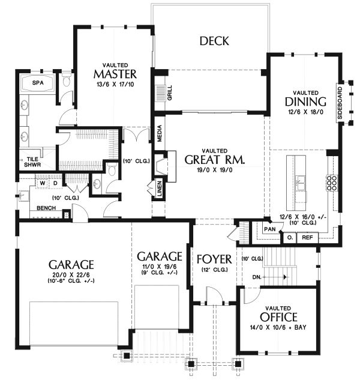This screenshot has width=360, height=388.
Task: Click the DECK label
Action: pyautogui.click(x=214, y=41)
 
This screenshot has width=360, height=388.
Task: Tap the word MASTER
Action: pyautogui.click(x=115, y=74)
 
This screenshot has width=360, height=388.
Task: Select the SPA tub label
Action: pyautogui.click(x=38, y=83)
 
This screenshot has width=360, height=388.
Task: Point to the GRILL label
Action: pyautogui.click(x=170, y=92)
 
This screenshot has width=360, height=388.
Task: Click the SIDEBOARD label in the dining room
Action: pyautogui.click(x=340, y=103)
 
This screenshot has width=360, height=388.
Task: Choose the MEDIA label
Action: pyautogui.click(x=160, y=133)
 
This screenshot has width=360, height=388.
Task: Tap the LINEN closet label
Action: pyautogui.click(x=159, y=189)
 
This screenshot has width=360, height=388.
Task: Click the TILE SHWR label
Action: pyautogui.click(x=32, y=162)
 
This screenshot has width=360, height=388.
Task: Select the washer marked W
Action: pyautogui.click(x=43, y=183)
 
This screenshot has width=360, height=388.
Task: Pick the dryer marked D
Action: pyautogui.click(x=55, y=183)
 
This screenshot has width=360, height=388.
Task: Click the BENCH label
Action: pyautogui.click(x=46, y=208)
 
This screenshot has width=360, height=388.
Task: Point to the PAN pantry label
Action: pyautogui.click(x=270, y=229)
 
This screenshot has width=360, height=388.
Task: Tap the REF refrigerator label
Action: pyautogui.click(x=307, y=238)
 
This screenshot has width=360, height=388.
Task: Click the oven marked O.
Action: pyautogui.click(x=290, y=238)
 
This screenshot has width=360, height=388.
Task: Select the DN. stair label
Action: pyautogui.click(x=257, y=277)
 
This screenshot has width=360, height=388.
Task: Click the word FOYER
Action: pyautogui.click(x=214, y=259)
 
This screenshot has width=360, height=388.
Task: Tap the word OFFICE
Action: pyautogui.click(x=278, y=317)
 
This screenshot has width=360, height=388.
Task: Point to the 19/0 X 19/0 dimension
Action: pyautogui.click(x=214, y=170)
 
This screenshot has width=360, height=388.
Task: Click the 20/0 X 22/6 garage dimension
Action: pyautogui.click(x=71, y=274)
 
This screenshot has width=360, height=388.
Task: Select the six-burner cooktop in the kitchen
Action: pyautogui.click(x=332, y=183)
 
